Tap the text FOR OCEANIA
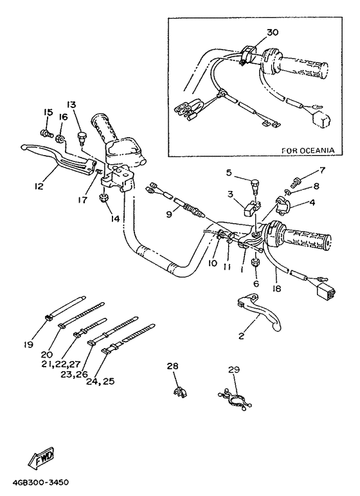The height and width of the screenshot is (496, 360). pos(309,150)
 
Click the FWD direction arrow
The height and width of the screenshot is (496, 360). pos(40,459)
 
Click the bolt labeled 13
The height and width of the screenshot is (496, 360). pos(82,135)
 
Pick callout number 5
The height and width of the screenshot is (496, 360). pos(228,172)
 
